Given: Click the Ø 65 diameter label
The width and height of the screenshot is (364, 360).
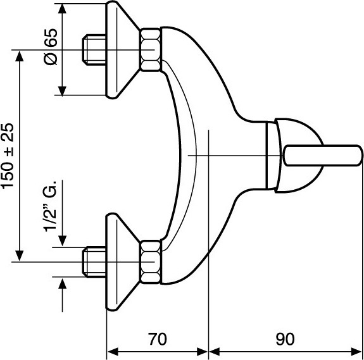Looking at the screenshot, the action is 50,47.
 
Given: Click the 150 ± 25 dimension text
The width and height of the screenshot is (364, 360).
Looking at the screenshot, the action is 8,156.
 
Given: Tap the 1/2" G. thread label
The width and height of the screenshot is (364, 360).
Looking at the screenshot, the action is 49,205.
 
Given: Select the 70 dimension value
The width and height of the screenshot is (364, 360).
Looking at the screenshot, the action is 158,339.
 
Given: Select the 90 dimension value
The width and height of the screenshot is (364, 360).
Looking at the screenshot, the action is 285,339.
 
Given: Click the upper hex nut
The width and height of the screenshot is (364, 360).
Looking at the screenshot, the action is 151,49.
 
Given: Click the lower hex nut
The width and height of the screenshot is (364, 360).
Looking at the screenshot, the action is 151,262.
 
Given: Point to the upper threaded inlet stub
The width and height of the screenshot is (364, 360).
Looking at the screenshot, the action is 94,49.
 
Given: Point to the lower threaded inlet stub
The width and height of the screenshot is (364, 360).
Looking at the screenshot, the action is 94,262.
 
